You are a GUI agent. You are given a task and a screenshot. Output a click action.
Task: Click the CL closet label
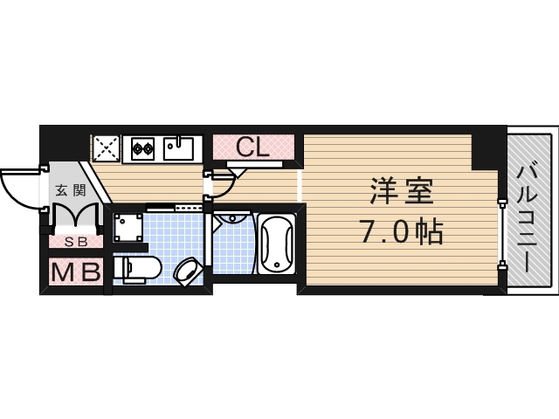point(252,147)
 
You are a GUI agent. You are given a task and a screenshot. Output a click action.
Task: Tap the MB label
point(75,273)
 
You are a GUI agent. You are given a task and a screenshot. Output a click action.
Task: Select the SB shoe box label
point(74,242)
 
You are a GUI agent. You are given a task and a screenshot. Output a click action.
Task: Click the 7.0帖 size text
point(401,231)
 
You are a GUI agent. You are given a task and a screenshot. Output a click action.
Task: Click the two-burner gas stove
point(142,149)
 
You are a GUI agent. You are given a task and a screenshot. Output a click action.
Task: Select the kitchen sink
point(181,148)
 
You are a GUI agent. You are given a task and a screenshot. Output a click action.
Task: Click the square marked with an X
point(106,148)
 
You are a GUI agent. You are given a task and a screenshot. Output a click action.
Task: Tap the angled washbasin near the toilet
point(187,271)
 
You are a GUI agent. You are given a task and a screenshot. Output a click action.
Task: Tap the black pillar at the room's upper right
point(486,151)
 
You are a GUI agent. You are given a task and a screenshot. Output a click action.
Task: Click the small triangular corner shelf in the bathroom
point(226,220)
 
